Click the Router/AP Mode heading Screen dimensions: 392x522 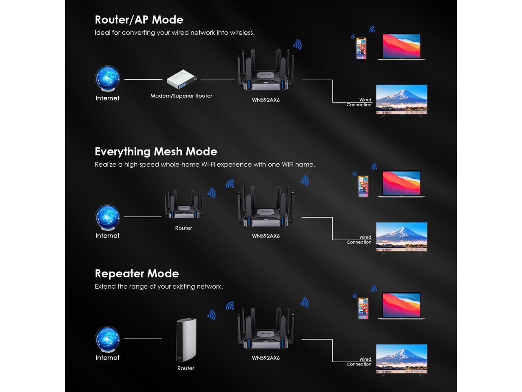(x=139, y=20)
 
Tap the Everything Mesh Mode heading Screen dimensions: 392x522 (x=156, y=151)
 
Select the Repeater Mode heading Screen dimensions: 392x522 (x=137, y=274)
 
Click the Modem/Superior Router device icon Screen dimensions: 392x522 (x=181, y=80)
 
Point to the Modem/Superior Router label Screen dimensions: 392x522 (x=181, y=96)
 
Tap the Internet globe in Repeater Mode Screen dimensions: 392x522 (x=107, y=339)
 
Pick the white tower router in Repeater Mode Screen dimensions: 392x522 (x=186, y=340)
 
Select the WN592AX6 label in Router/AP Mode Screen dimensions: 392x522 (x=266, y=100)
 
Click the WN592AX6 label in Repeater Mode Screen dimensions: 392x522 (x=266, y=358)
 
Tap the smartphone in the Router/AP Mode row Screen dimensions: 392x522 (x=361, y=49)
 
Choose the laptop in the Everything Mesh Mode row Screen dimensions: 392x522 (x=401, y=184)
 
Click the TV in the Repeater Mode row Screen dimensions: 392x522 (x=401, y=360)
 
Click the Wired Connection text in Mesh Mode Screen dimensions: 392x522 (x=359, y=240)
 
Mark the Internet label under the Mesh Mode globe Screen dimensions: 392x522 (x=107, y=236)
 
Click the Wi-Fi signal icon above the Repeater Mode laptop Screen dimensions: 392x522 (x=374, y=289)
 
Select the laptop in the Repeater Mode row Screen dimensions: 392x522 (x=401, y=306)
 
